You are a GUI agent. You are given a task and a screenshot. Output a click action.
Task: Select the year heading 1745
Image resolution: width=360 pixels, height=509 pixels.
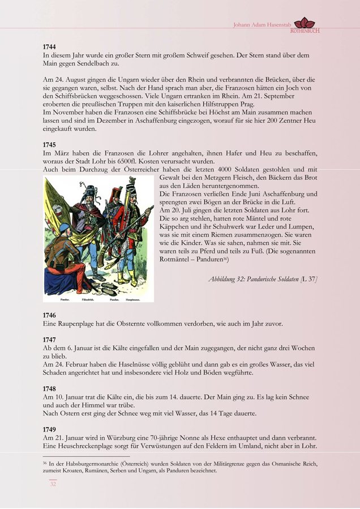(x=49, y=145)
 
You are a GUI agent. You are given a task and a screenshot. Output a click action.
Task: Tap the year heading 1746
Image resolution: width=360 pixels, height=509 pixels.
(x=49, y=314)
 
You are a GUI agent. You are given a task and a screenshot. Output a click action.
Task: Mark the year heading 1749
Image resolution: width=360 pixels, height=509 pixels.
(x=49, y=430)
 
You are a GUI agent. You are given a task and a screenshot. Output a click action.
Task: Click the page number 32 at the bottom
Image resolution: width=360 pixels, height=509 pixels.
(x=53, y=484)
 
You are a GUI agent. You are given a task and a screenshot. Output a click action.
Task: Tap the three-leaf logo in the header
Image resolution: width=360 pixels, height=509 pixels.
(x=307, y=23)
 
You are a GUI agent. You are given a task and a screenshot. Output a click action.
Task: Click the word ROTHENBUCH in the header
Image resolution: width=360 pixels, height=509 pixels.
(x=305, y=31)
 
